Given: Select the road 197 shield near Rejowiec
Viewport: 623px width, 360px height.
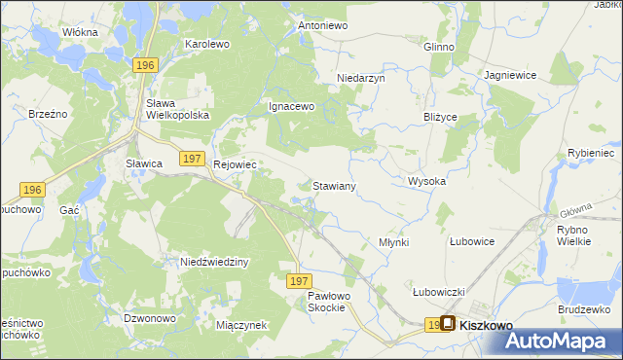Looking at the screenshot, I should click(x=192, y=159).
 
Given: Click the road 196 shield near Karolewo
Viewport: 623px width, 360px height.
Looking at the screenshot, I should click(x=145, y=64).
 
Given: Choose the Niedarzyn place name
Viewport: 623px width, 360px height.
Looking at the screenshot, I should click(x=361, y=78).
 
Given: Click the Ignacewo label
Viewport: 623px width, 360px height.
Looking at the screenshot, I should click(x=291, y=107).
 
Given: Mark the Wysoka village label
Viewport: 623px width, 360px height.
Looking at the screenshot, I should click(x=426, y=182).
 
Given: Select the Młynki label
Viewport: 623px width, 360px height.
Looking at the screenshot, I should click(x=393, y=242).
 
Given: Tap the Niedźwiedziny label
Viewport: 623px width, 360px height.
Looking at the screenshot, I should click(x=216, y=263).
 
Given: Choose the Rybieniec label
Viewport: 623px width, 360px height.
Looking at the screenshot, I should click(x=588, y=153).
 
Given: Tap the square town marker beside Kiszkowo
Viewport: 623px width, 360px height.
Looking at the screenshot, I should click(x=448, y=325).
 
